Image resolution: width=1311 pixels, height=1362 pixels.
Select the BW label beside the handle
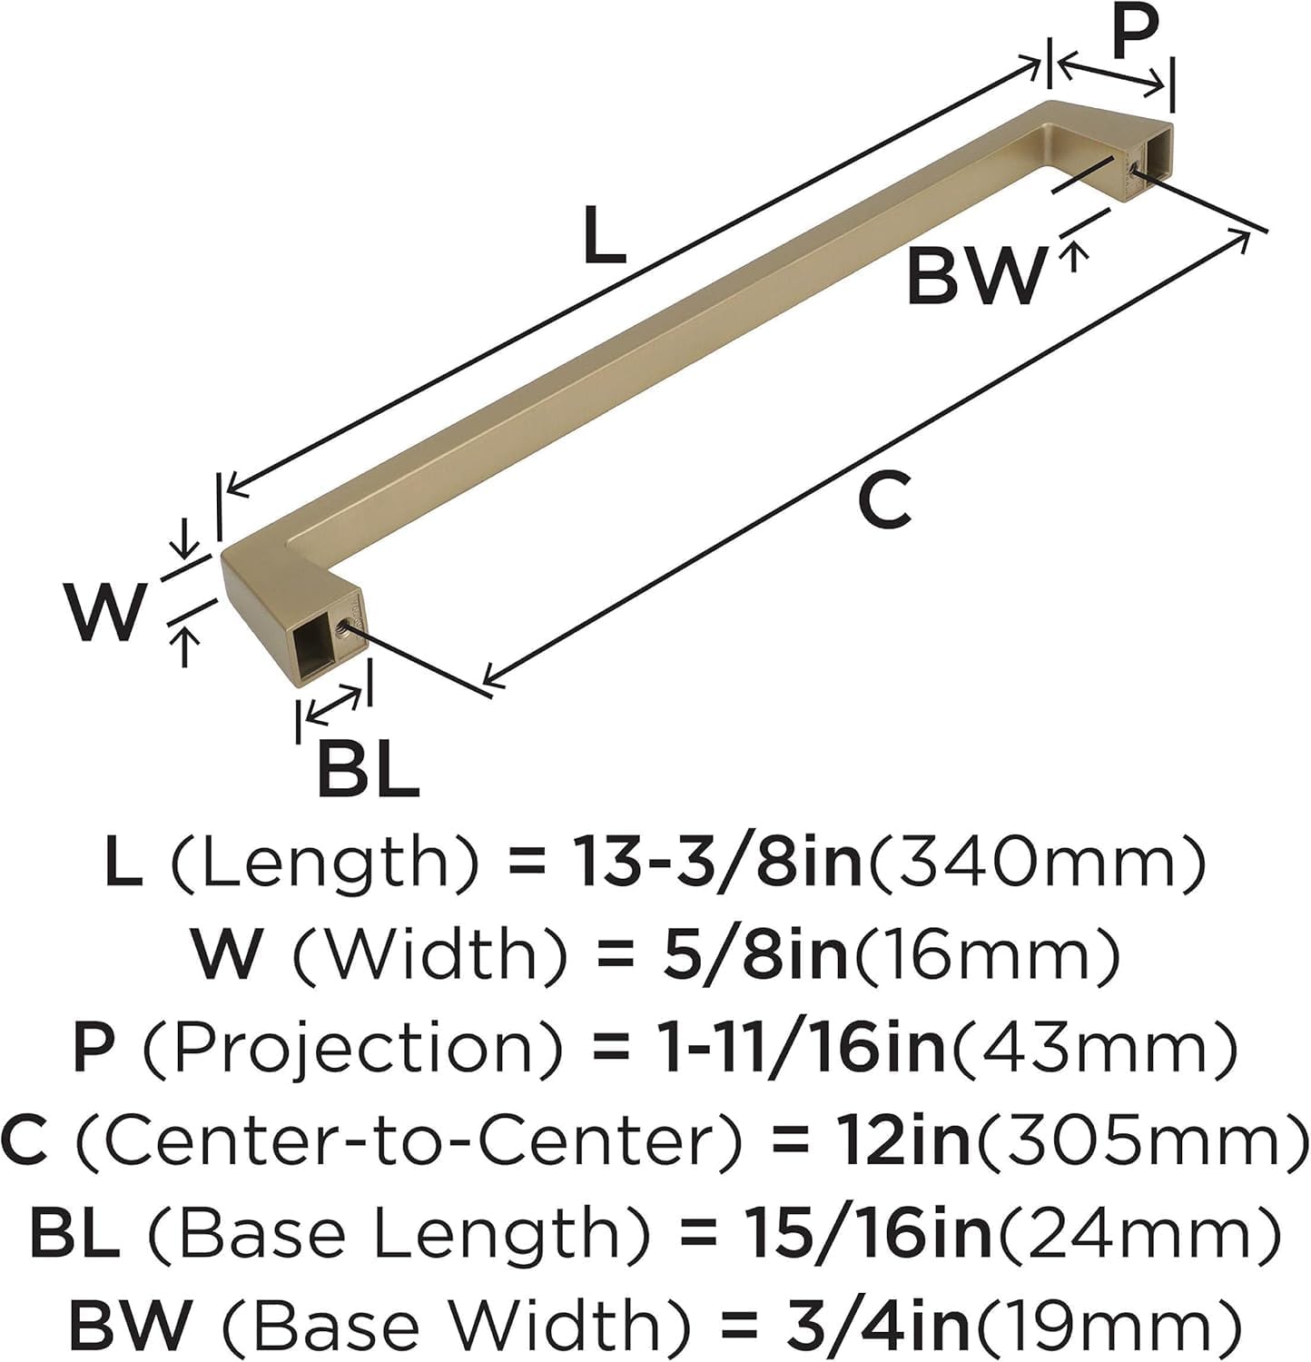click(976, 277)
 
